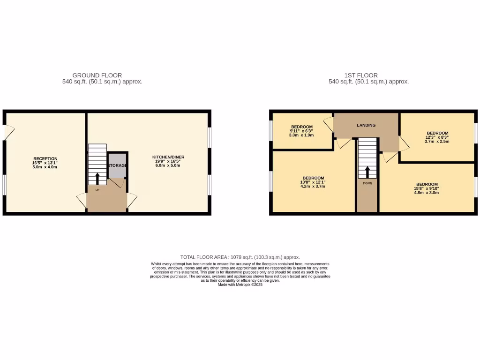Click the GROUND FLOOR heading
pyautogui.click(x=97, y=75)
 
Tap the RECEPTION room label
pyautogui.click(x=45, y=158)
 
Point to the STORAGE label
pyautogui.click(x=117, y=165)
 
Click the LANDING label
pyautogui.click(x=366, y=125)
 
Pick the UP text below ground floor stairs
pyautogui.click(x=97, y=190)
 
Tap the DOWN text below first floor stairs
pyautogui.click(x=367, y=183)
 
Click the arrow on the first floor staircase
pyautogui.click(x=367, y=172)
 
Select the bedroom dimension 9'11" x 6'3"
pyautogui.click(x=302, y=131)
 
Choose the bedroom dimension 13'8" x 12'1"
pyautogui.click(x=313, y=182)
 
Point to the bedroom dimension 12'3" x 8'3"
pyautogui.click(x=437, y=137)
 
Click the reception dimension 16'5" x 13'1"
pyautogui.click(x=45, y=163)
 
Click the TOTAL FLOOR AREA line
pyautogui.click(x=240, y=257)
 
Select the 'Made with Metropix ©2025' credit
pyautogui.click(x=240, y=285)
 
